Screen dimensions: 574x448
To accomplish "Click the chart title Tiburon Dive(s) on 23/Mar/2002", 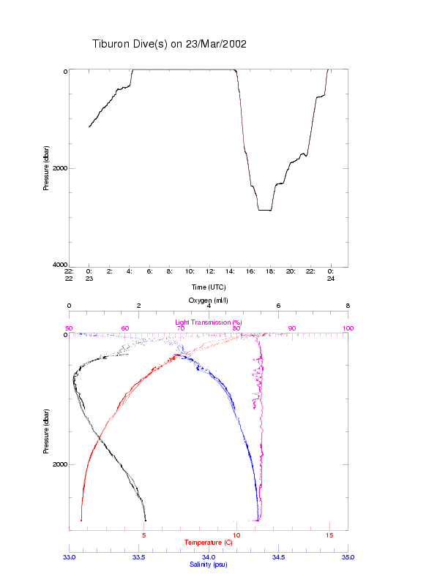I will tap(169, 44).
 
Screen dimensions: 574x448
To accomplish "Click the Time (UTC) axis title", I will tap(208, 287).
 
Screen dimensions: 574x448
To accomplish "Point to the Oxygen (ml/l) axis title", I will tap(208, 300).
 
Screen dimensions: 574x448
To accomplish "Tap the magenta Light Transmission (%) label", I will tap(208, 322).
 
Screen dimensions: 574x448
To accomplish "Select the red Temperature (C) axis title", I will tap(208, 543).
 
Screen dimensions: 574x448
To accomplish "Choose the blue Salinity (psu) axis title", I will tap(208, 564).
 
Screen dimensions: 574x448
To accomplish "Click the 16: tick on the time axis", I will tap(250, 271).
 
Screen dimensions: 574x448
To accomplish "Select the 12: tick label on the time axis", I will tap(210, 271).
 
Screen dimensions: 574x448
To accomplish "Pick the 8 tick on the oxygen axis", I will tap(348, 306).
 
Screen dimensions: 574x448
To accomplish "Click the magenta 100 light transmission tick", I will tap(348, 328).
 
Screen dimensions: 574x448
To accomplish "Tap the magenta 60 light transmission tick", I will tap(125, 328).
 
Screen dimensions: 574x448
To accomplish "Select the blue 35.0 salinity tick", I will tap(348, 557).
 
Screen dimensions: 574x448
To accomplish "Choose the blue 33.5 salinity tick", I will tap(139, 557).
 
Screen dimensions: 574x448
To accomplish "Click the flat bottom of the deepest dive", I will tap(264, 210).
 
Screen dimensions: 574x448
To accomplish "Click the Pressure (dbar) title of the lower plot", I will tap(46, 427).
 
